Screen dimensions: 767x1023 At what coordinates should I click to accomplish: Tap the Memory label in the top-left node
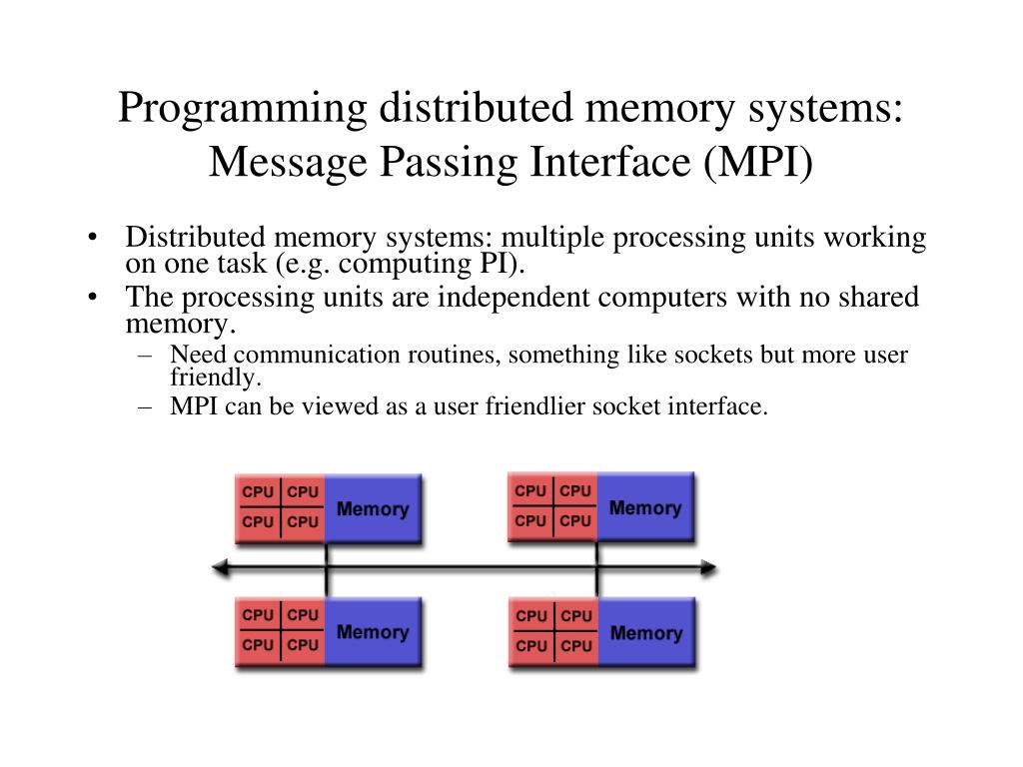point(373,509)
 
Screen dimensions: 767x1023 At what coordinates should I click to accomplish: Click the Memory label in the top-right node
point(645,508)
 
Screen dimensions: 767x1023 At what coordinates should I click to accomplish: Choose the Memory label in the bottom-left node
point(373,632)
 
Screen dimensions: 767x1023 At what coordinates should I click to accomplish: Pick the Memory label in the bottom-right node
point(645,633)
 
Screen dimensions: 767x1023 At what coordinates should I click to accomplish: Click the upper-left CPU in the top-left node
point(258,492)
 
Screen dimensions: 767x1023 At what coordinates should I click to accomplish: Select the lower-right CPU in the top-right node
point(575,521)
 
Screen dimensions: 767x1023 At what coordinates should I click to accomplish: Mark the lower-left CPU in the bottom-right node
point(531,646)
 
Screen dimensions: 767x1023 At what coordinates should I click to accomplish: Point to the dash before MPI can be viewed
point(148,406)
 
